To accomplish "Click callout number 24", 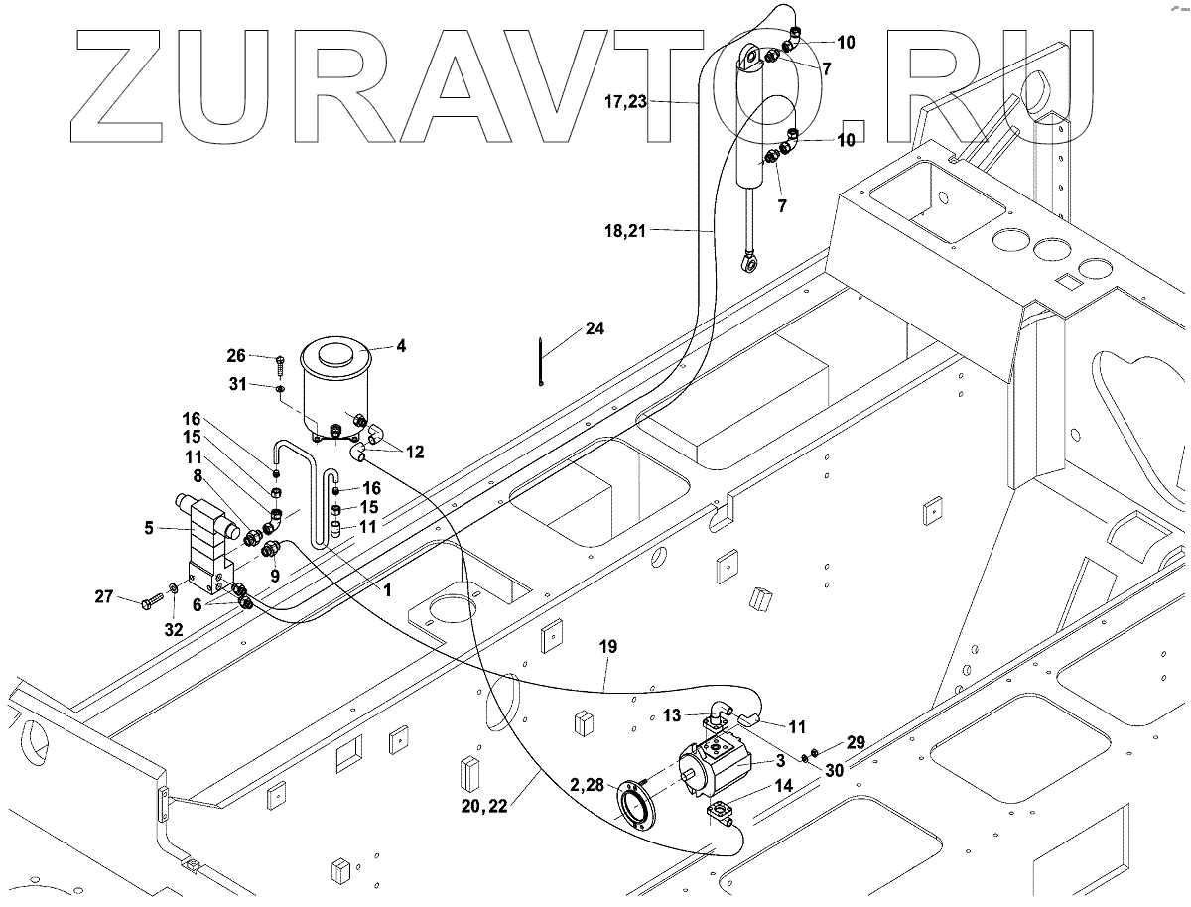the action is tap(595, 328).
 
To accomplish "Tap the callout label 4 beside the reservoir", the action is tap(401, 346).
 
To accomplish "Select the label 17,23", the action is tap(625, 101).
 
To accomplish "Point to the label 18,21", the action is tap(625, 231).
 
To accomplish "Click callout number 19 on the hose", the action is tap(608, 646).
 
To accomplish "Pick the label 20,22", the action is tap(484, 806).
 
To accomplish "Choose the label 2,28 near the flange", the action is tap(588, 784).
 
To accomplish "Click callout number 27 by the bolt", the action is tap(104, 596).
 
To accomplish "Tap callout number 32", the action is tap(174, 630).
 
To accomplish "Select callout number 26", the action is tap(236, 356).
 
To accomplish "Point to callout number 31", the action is tap(237, 384).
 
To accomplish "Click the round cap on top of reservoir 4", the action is tap(335, 356).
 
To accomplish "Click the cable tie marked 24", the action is tap(541, 361).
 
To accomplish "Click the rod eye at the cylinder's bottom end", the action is tap(748, 264).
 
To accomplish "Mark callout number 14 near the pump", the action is tap(784, 785).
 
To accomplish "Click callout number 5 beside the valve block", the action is tap(149, 527).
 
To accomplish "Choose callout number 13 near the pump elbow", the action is tap(672, 715).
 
